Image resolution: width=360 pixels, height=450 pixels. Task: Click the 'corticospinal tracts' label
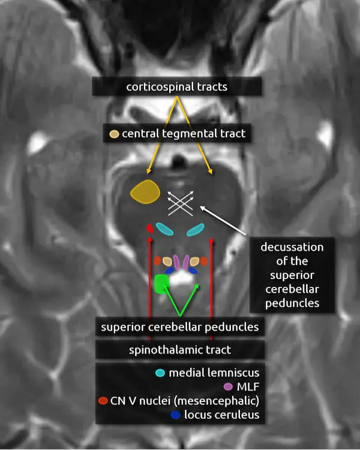pyautogui.click(x=176, y=86)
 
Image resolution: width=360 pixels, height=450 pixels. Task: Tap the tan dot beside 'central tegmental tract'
pyautogui.click(x=113, y=134)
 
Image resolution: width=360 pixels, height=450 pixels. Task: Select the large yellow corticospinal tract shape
pyautogui.click(x=145, y=192)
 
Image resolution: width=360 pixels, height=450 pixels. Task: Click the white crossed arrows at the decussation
pyautogui.click(x=181, y=202)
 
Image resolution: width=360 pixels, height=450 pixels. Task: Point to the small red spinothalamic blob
pyautogui.click(x=150, y=228)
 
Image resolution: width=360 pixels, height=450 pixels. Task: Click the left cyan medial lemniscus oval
pyautogui.click(x=164, y=228)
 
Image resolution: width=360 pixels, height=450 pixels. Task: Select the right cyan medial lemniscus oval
pyautogui.click(x=196, y=229)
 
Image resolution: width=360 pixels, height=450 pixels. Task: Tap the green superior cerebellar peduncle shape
pyautogui.click(x=161, y=283)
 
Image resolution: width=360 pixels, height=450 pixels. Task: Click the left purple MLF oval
pyautogui.click(x=176, y=261)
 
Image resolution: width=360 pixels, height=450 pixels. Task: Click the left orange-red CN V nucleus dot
pyautogui.click(x=158, y=261)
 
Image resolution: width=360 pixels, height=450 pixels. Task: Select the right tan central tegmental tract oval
pyautogui.click(x=195, y=261)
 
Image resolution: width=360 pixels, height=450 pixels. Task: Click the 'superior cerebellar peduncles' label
pyautogui.click(x=179, y=327)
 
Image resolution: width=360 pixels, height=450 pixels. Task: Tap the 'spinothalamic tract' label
pyautogui.click(x=179, y=349)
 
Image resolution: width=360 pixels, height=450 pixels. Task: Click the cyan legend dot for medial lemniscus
pyautogui.click(x=160, y=373)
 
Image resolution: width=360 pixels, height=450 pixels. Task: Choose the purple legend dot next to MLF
pyautogui.click(x=227, y=386)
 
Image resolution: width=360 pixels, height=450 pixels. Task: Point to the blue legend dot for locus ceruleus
pyautogui.click(x=175, y=414)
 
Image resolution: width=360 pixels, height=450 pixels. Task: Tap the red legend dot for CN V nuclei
pyautogui.click(x=103, y=400)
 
